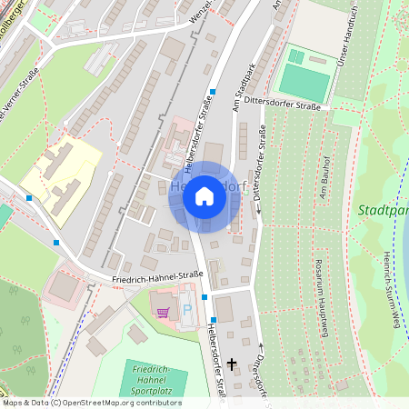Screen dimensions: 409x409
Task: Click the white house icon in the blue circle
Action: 204,196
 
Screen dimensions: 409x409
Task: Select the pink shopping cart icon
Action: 164,312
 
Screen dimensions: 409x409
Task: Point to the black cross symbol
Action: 232,364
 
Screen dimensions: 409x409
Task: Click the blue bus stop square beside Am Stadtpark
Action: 212,91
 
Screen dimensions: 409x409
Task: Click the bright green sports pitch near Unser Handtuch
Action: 304,82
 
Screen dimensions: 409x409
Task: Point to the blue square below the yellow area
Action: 57,243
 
